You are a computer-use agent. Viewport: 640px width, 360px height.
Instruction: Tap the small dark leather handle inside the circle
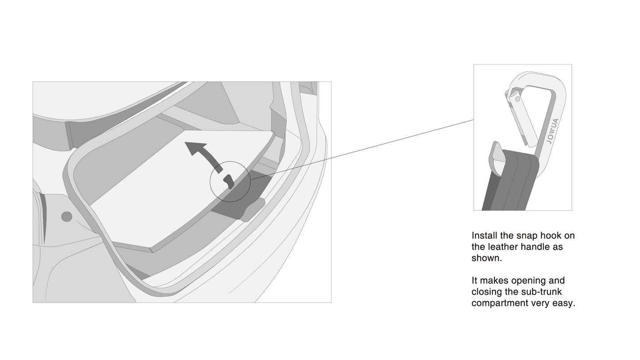(x=229, y=182)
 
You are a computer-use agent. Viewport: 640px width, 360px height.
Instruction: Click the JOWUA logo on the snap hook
(x=552, y=131)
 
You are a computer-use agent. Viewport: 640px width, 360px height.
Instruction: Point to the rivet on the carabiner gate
(x=517, y=99)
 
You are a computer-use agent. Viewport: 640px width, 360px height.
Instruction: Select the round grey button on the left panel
(x=67, y=217)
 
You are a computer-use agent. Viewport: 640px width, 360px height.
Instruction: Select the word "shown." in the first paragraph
(x=487, y=258)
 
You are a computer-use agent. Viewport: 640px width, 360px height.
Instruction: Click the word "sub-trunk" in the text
(x=541, y=292)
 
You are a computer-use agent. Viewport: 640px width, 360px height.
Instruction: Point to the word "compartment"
(x=500, y=303)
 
